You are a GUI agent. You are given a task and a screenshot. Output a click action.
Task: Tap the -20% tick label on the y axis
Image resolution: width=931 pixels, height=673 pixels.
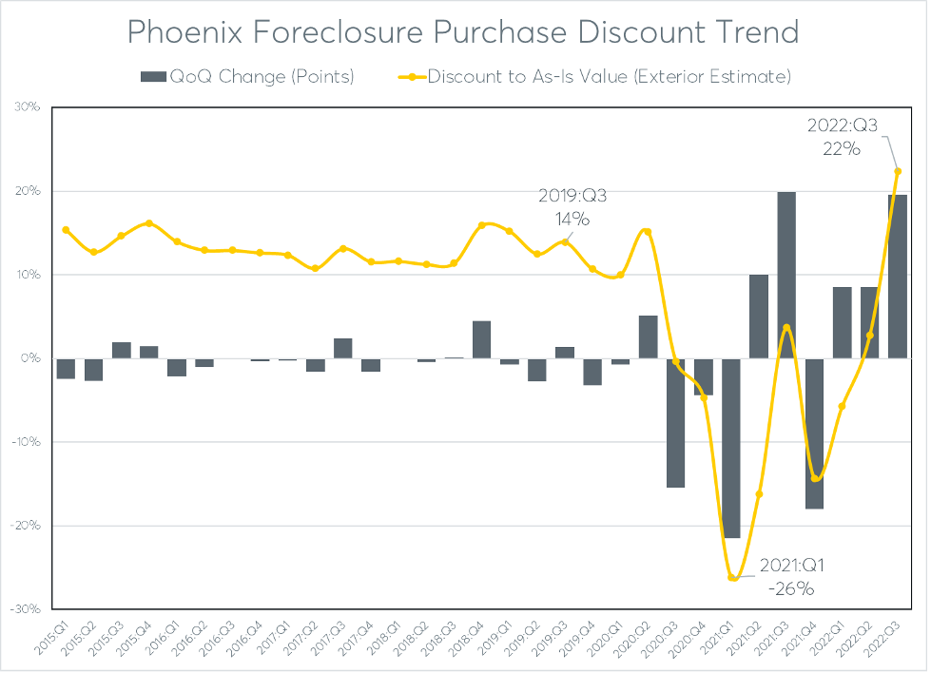click(26, 526)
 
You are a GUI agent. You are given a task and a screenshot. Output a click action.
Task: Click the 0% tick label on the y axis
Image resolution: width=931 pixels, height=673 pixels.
click(30, 358)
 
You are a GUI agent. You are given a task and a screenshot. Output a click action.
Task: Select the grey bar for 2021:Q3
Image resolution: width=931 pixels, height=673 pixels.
click(786, 275)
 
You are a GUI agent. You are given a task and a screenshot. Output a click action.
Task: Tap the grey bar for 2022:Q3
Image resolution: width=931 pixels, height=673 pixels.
click(897, 277)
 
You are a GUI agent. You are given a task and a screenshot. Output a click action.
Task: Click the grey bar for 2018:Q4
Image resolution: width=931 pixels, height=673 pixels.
click(482, 339)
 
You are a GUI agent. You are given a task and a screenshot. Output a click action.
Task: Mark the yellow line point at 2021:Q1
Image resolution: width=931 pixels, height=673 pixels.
click(730, 577)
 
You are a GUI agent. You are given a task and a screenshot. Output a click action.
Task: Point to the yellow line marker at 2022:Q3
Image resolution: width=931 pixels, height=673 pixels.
click(897, 172)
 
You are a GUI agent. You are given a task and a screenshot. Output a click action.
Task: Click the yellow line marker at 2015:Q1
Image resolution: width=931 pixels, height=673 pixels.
click(66, 230)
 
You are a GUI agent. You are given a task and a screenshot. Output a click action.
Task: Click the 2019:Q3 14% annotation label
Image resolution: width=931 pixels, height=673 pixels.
click(573, 207)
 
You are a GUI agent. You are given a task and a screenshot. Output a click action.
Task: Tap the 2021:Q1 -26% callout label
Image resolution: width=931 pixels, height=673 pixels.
click(791, 577)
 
